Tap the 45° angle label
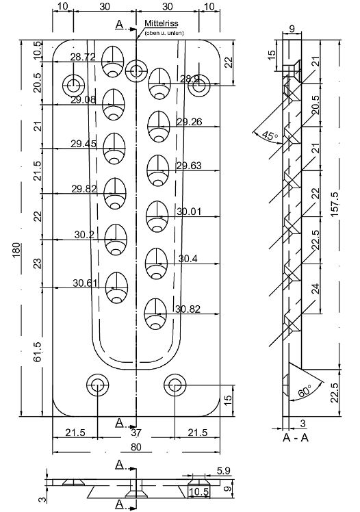[x=269, y=136]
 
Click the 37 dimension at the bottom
[x=136, y=433]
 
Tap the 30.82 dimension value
[x=187, y=309]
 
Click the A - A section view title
[x=295, y=435]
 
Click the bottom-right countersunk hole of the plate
[x=175, y=385]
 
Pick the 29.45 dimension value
[x=83, y=144]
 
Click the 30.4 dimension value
[x=189, y=259]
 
